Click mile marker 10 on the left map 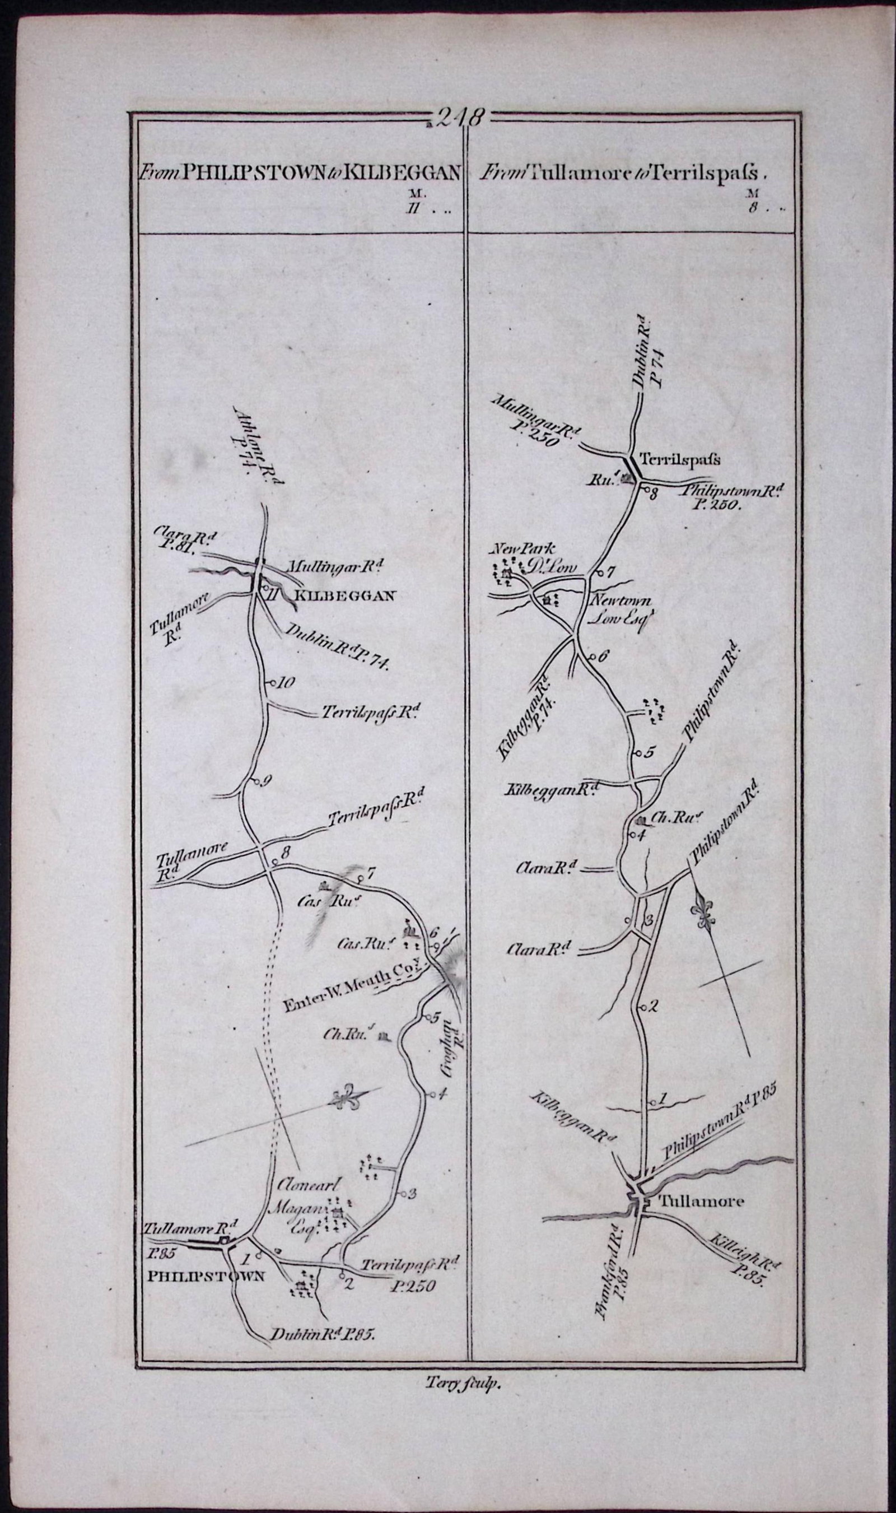284,683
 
